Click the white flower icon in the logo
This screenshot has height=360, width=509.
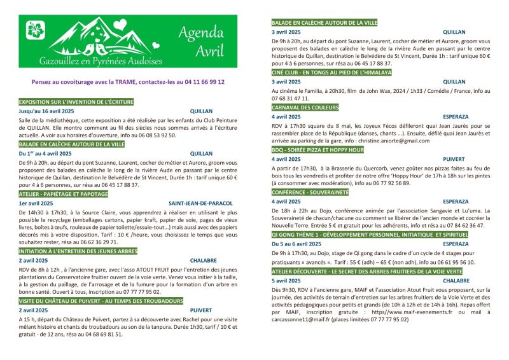point(34,29)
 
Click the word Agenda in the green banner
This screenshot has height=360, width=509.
point(200,32)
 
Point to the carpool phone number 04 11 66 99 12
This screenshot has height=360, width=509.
point(199,82)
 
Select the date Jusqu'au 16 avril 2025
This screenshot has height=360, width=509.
point(46,111)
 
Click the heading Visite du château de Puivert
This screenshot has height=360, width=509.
point(92,300)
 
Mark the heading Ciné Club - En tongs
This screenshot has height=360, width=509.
point(331,73)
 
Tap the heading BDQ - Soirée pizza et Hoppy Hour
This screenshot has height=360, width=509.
point(317,149)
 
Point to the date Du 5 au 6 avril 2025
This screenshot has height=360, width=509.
point(298,244)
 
